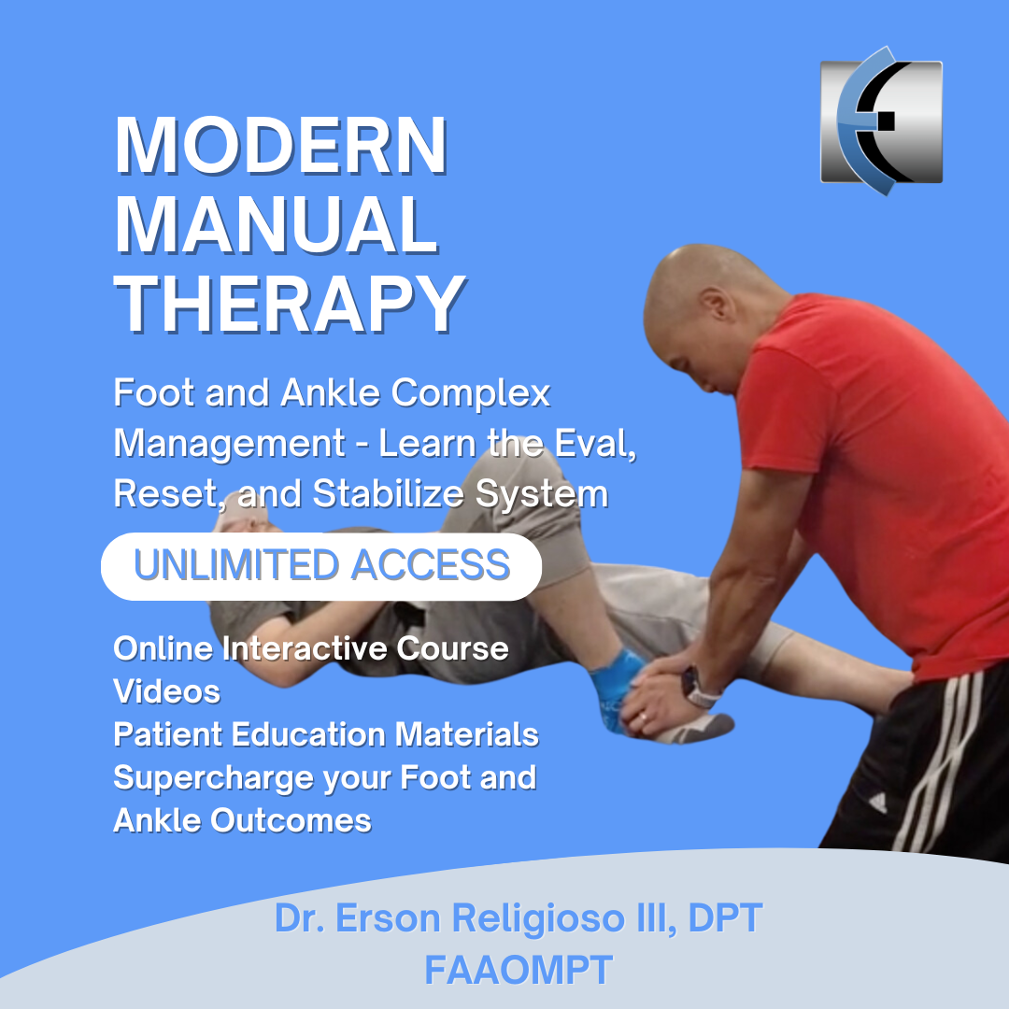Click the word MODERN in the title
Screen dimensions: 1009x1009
pos(280,146)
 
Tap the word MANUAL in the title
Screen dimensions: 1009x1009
pos(276,224)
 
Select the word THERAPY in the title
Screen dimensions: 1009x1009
pos(290,304)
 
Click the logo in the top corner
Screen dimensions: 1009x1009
pos(881,121)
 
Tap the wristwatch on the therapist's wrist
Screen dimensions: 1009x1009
pos(696,689)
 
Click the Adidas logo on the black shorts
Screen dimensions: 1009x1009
pos(877,803)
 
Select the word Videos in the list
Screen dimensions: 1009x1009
pos(166,691)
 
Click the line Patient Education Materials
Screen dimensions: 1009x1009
pos(326,734)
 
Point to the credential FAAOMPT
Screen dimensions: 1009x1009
pos(519,970)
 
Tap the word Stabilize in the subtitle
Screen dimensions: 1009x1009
pos(388,493)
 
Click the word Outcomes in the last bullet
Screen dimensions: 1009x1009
pos(291,820)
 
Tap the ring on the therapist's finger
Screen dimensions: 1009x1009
pos(644,717)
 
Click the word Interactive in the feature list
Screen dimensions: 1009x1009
pos(305,648)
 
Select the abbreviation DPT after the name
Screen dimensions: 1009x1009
pos(725,917)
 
